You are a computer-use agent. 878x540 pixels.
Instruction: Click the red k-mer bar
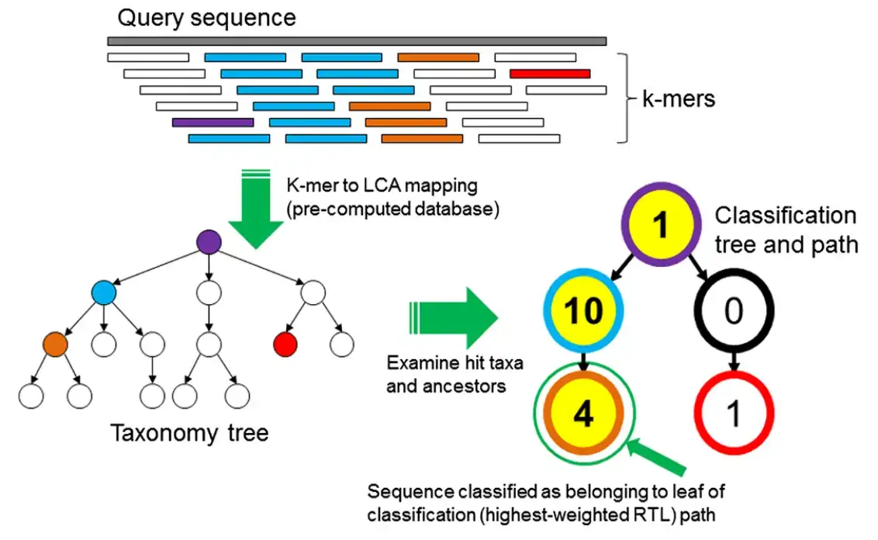click(x=550, y=74)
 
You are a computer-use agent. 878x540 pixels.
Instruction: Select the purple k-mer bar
click(x=213, y=122)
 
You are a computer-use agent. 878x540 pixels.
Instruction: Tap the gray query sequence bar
click(x=357, y=41)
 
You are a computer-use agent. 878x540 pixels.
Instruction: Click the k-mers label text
click(x=679, y=99)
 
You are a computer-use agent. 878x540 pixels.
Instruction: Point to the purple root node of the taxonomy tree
click(x=209, y=242)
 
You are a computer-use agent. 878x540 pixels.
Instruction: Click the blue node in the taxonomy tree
click(x=104, y=293)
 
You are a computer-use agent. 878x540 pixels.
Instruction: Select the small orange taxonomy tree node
click(x=55, y=344)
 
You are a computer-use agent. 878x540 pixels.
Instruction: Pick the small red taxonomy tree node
click(x=285, y=344)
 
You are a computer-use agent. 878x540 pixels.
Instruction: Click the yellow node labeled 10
click(x=583, y=310)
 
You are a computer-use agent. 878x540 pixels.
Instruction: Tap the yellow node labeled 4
click(x=583, y=414)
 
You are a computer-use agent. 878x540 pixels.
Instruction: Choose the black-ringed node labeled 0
click(x=734, y=310)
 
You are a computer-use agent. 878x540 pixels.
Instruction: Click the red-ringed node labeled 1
click(x=734, y=414)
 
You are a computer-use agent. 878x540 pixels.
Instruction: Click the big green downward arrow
click(x=256, y=209)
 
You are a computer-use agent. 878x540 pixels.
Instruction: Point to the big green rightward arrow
click(x=454, y=318)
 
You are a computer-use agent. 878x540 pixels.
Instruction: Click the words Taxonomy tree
click(x=189, y=433)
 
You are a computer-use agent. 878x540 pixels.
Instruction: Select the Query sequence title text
click(x=206, y=18)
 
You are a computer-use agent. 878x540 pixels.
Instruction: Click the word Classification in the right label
click(x=786, y=216)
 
